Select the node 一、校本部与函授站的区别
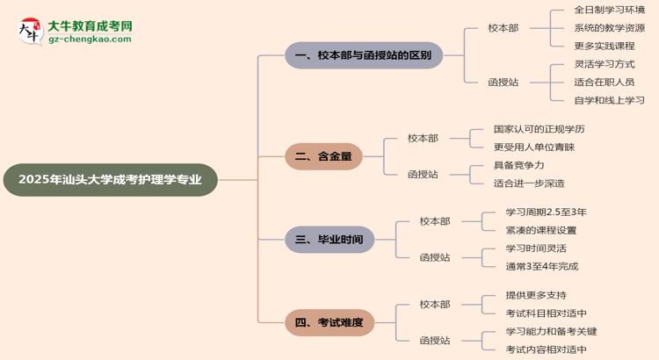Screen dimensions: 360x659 (x=364, y=55)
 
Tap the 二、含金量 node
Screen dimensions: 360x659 (x=323, y=156)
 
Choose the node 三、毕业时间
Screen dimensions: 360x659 (x=329, y=239)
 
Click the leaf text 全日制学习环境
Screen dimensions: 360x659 (x=609, y=10)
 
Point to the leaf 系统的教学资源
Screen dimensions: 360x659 (x=609, y=28)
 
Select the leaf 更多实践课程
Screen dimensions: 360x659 (x=604, y=46)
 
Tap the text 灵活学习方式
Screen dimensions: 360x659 (x=604, y=64)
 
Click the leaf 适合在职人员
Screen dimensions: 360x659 (x=604, y=82)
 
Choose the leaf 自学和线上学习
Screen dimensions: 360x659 (x=609, y=100)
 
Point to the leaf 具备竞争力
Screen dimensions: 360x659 (x=518, y=165)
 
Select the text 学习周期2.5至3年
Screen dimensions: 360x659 (x=546, y=212)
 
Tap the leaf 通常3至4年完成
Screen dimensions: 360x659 (x=541, y=266)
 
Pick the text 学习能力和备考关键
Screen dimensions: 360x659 (x=551, y=331)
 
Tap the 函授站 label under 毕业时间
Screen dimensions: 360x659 (x=434, y=257)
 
